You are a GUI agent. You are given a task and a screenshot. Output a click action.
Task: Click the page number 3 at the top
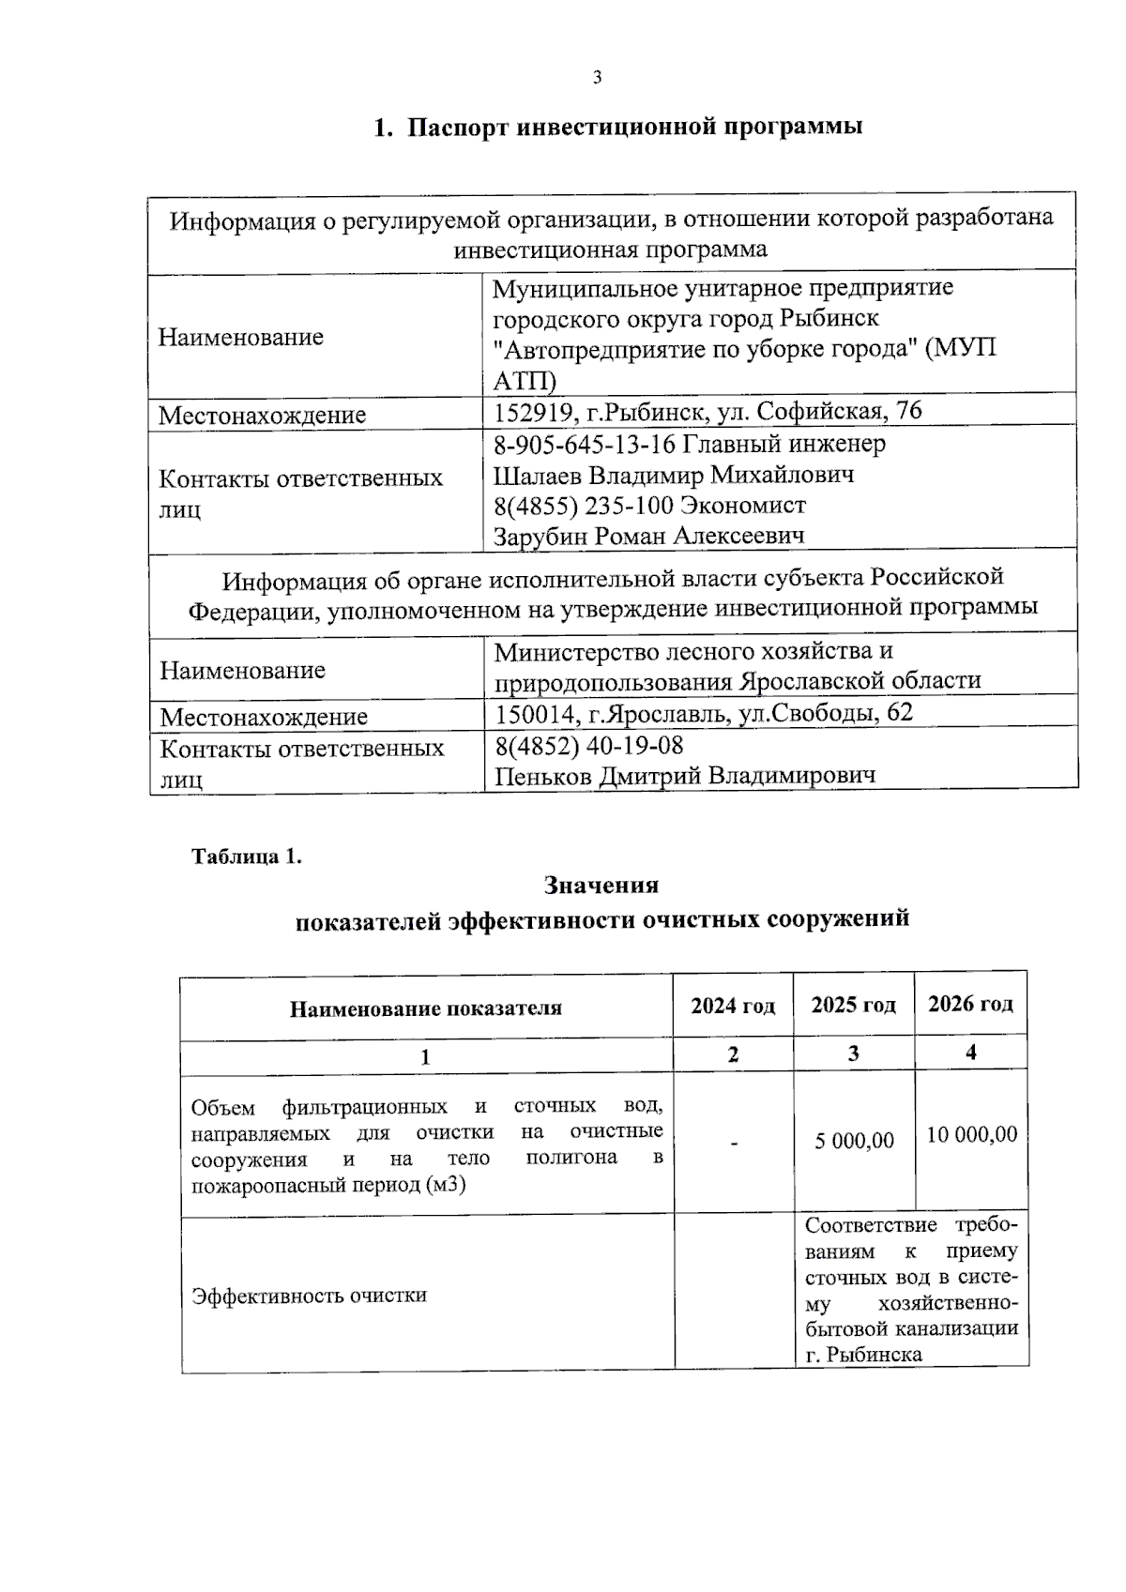(597, 78)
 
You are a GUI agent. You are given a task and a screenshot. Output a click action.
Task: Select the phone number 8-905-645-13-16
(586, 444)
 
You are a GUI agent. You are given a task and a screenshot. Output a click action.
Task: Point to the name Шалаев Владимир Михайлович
(674, 475)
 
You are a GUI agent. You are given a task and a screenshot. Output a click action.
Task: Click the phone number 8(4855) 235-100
(584, 507)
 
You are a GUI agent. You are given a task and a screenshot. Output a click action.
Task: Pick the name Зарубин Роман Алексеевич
(649, 537)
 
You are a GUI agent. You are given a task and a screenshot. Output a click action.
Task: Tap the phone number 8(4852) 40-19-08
(589, 746)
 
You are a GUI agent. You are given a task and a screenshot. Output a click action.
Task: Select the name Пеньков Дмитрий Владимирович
(685, 776)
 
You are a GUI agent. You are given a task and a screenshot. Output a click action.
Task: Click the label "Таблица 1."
(247, 857)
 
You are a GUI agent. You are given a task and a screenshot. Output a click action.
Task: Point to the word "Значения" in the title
(601, 886)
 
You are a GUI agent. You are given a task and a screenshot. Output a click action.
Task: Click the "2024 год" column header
(733, 1007)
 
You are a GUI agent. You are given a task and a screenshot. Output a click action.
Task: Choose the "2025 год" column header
(853, 1006)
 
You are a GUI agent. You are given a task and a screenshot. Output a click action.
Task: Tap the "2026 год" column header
(970, 1005)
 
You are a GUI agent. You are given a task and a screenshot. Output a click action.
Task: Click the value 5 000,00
(854, 1141)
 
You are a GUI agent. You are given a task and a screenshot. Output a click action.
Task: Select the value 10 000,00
(971, 1135)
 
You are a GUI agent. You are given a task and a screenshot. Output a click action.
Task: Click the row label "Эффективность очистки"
(309, 1296)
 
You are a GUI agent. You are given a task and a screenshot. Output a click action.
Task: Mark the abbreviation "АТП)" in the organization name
(525, 381)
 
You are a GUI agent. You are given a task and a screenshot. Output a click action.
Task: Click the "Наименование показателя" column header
(425, 1008)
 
